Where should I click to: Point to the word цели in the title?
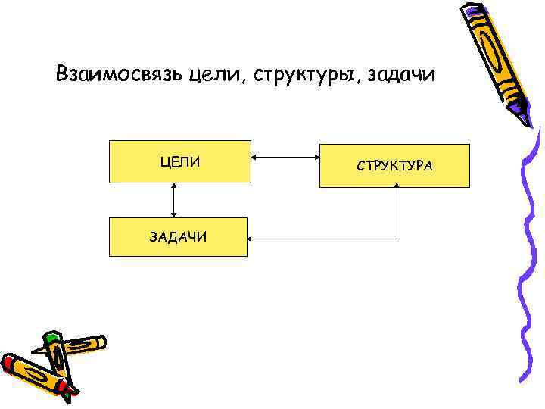tap(213, 76)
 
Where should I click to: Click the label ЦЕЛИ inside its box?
tap(180, 161)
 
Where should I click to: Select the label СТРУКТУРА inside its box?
tap(395, 165)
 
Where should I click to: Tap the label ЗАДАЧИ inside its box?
tap(179, 237)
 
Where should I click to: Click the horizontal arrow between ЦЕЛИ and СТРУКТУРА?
tap(285, 158)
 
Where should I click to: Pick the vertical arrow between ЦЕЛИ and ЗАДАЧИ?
tap(175, 201)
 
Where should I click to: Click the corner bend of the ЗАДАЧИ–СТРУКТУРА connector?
tap(397, 239)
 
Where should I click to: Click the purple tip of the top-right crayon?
tap(525, 117)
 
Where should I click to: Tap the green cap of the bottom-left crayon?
tap(51, 337)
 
